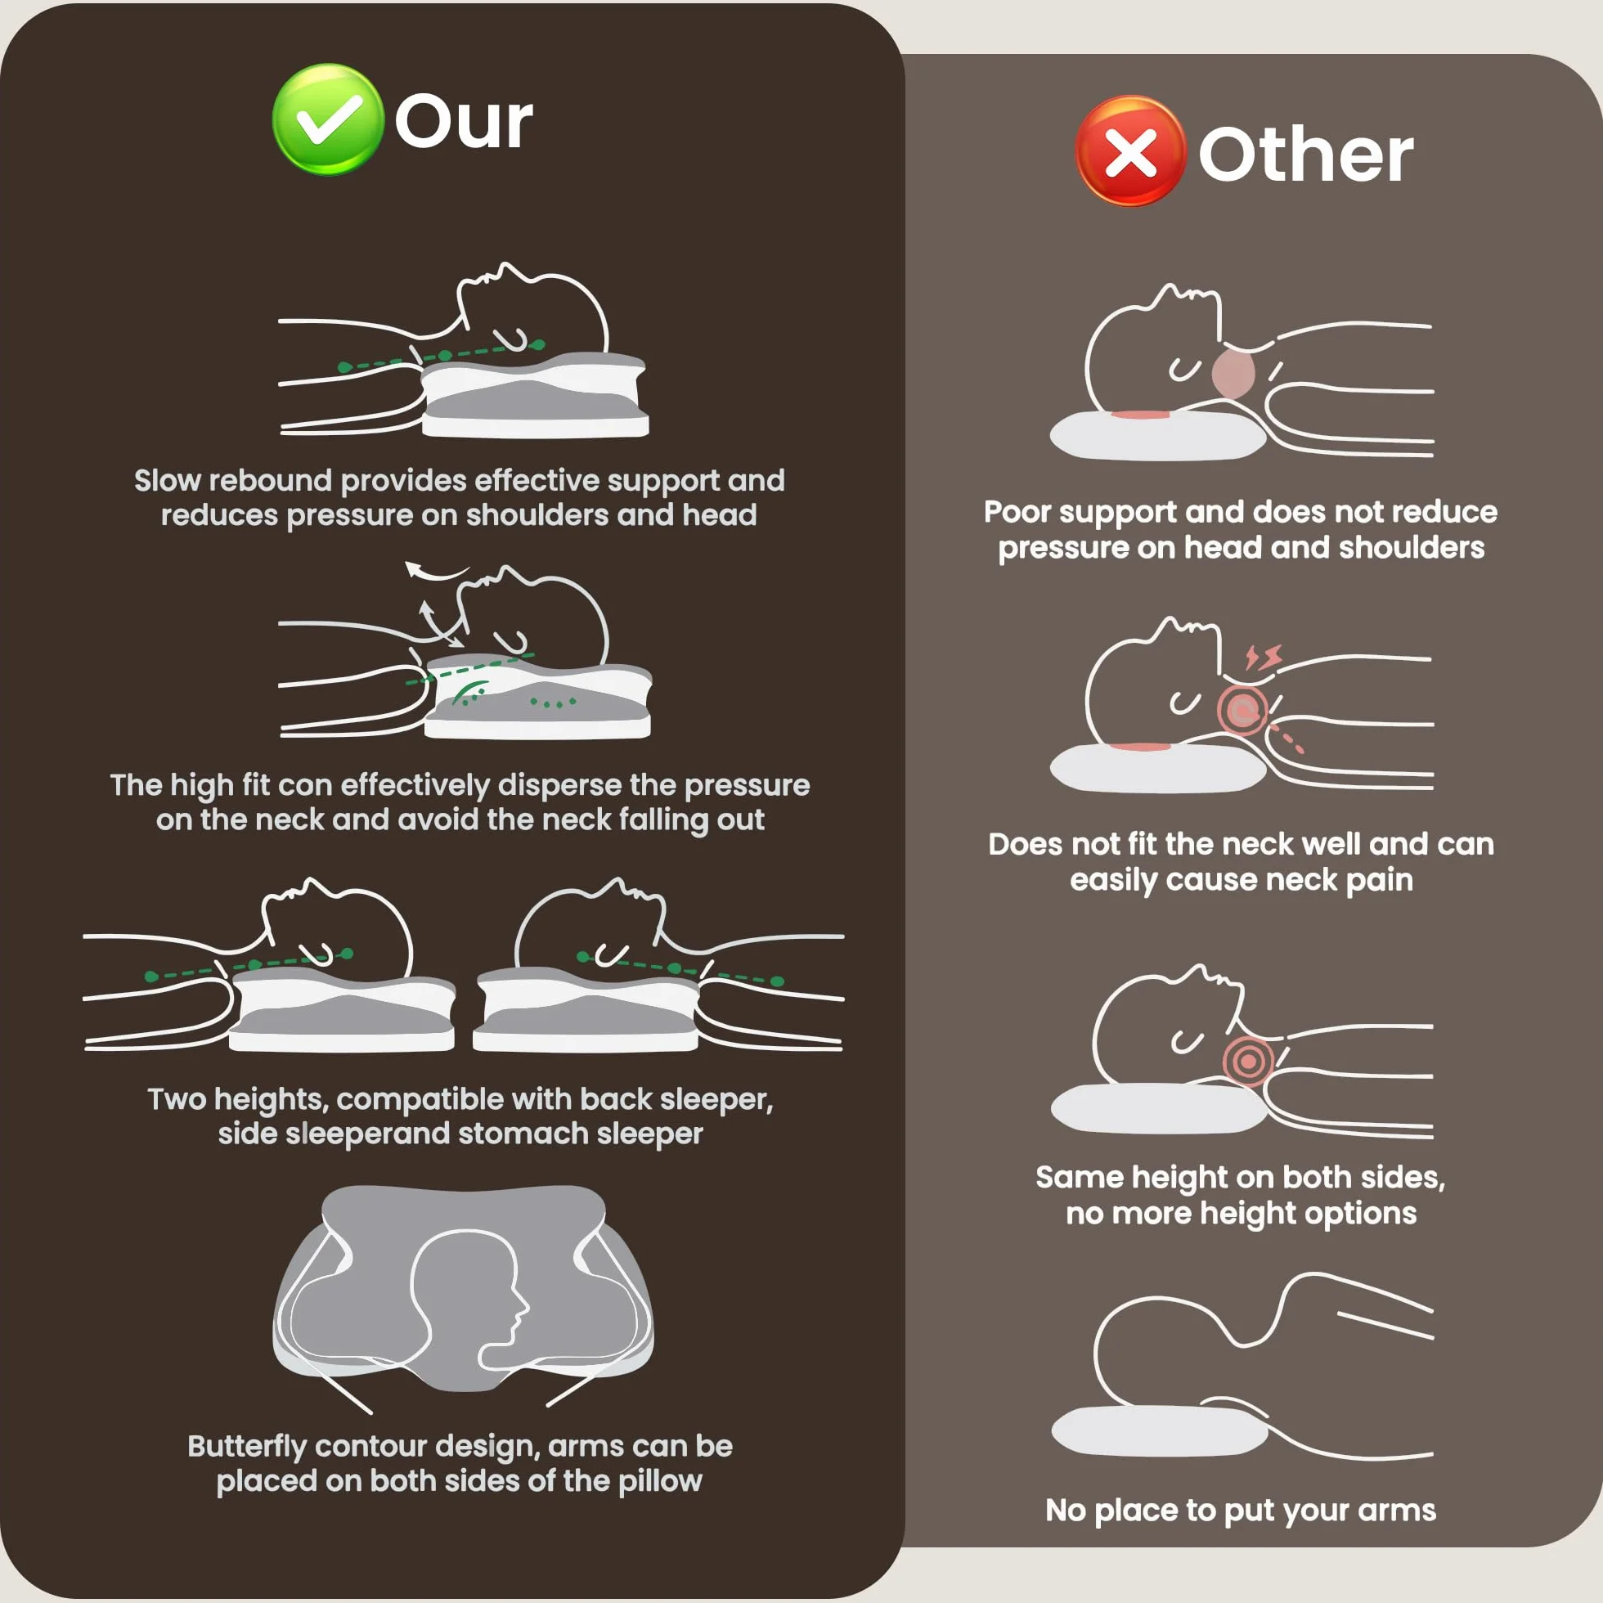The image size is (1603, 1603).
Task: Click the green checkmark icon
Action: [328, 119]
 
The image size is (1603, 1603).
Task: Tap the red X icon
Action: [1130, 151]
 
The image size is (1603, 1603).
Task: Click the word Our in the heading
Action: [463, 122]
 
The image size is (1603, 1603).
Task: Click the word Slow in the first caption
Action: [167, 480]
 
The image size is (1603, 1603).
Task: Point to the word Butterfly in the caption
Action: [246, 1446]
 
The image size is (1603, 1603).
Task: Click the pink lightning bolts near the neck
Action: [1263, 657]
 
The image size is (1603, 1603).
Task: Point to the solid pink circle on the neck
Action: [1233, 375]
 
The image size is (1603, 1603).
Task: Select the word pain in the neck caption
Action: [1379, 880]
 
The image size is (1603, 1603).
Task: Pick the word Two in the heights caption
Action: [177, 1098]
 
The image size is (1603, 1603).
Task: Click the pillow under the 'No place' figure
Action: [1159, 1430]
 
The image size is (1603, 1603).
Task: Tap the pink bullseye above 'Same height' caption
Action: [1247, 1061]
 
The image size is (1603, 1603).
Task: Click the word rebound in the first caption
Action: [270, 480]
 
